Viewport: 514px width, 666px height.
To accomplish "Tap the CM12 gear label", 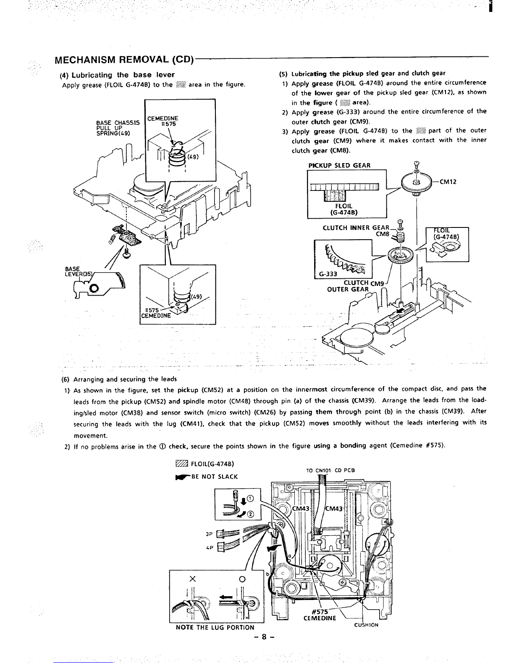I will click(x=448, y=182).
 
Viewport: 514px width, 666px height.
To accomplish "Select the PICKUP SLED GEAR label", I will click(x=339, y=165).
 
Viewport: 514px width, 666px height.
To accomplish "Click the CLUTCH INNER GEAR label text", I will click(x=356, y=228).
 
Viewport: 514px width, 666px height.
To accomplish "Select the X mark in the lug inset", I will click(x=193, y=579).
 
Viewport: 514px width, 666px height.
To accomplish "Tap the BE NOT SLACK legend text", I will click(x=215, y=476).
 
